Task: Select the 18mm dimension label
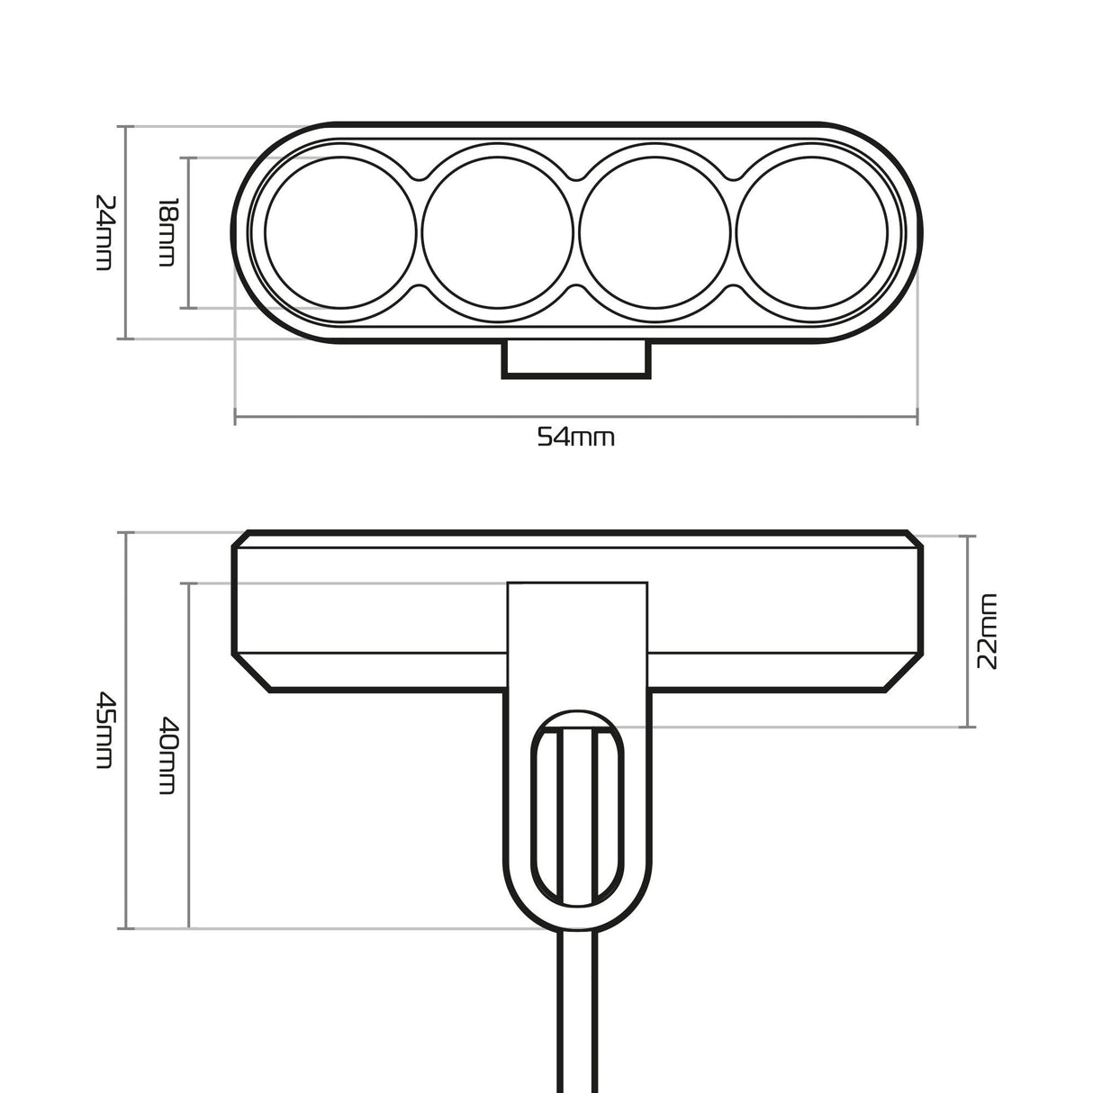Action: (x=167, y=232)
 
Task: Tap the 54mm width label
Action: (x=576, y=438)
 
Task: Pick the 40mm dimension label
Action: (x=167, y=754)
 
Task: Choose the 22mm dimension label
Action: (x=988, y=630)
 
